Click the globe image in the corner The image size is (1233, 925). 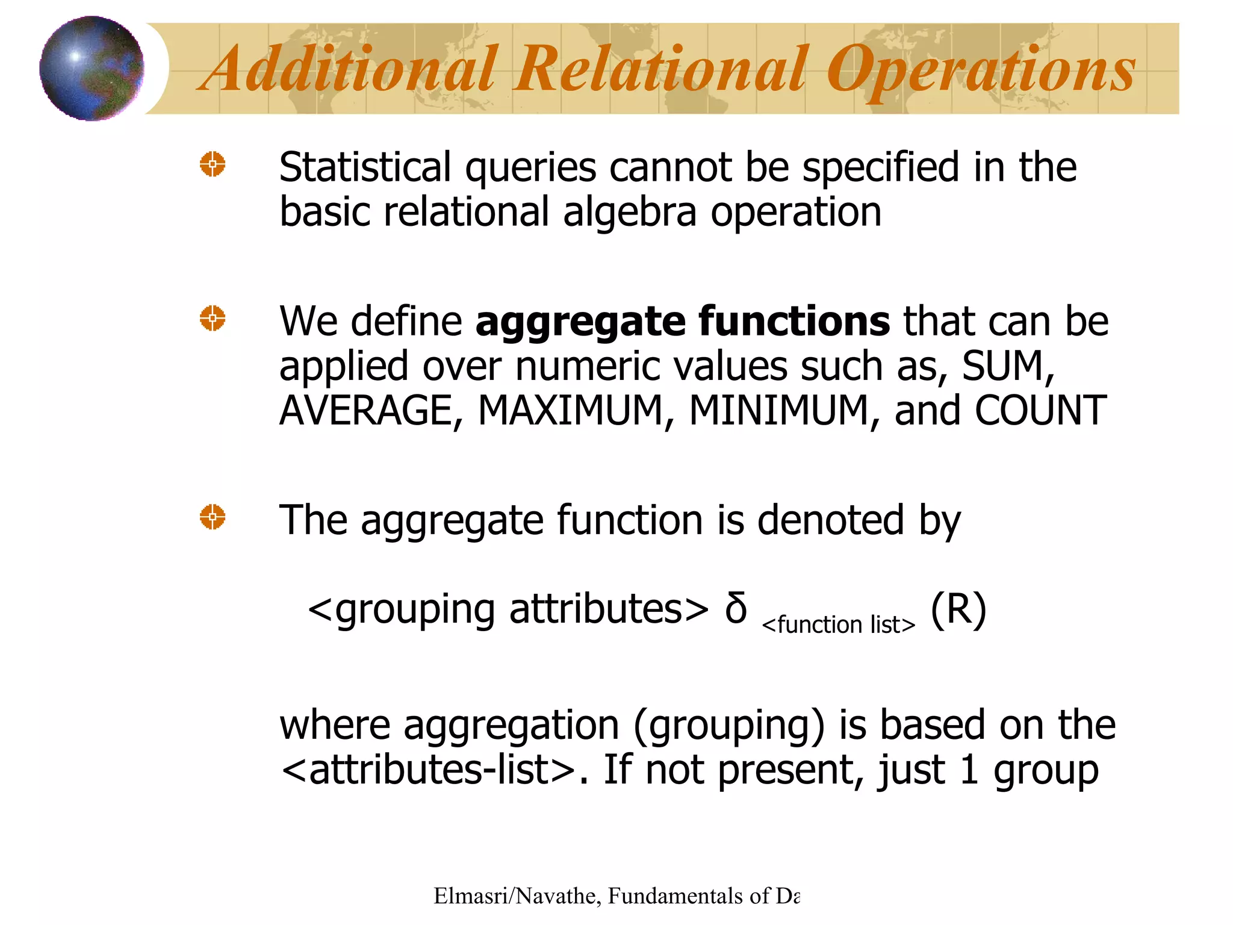[92, 68]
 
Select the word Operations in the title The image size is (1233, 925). [981, 71]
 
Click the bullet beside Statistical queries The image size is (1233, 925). [213, 164]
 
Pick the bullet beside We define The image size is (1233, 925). [213, 318]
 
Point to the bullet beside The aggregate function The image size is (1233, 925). [213, 517]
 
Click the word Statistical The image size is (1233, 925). [365, 167]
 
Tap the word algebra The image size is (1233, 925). [629, 213]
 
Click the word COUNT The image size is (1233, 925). [1040, 411]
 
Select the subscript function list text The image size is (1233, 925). [838, 625]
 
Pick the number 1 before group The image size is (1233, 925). [969, 770]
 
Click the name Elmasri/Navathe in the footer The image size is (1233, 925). [515, 896]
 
